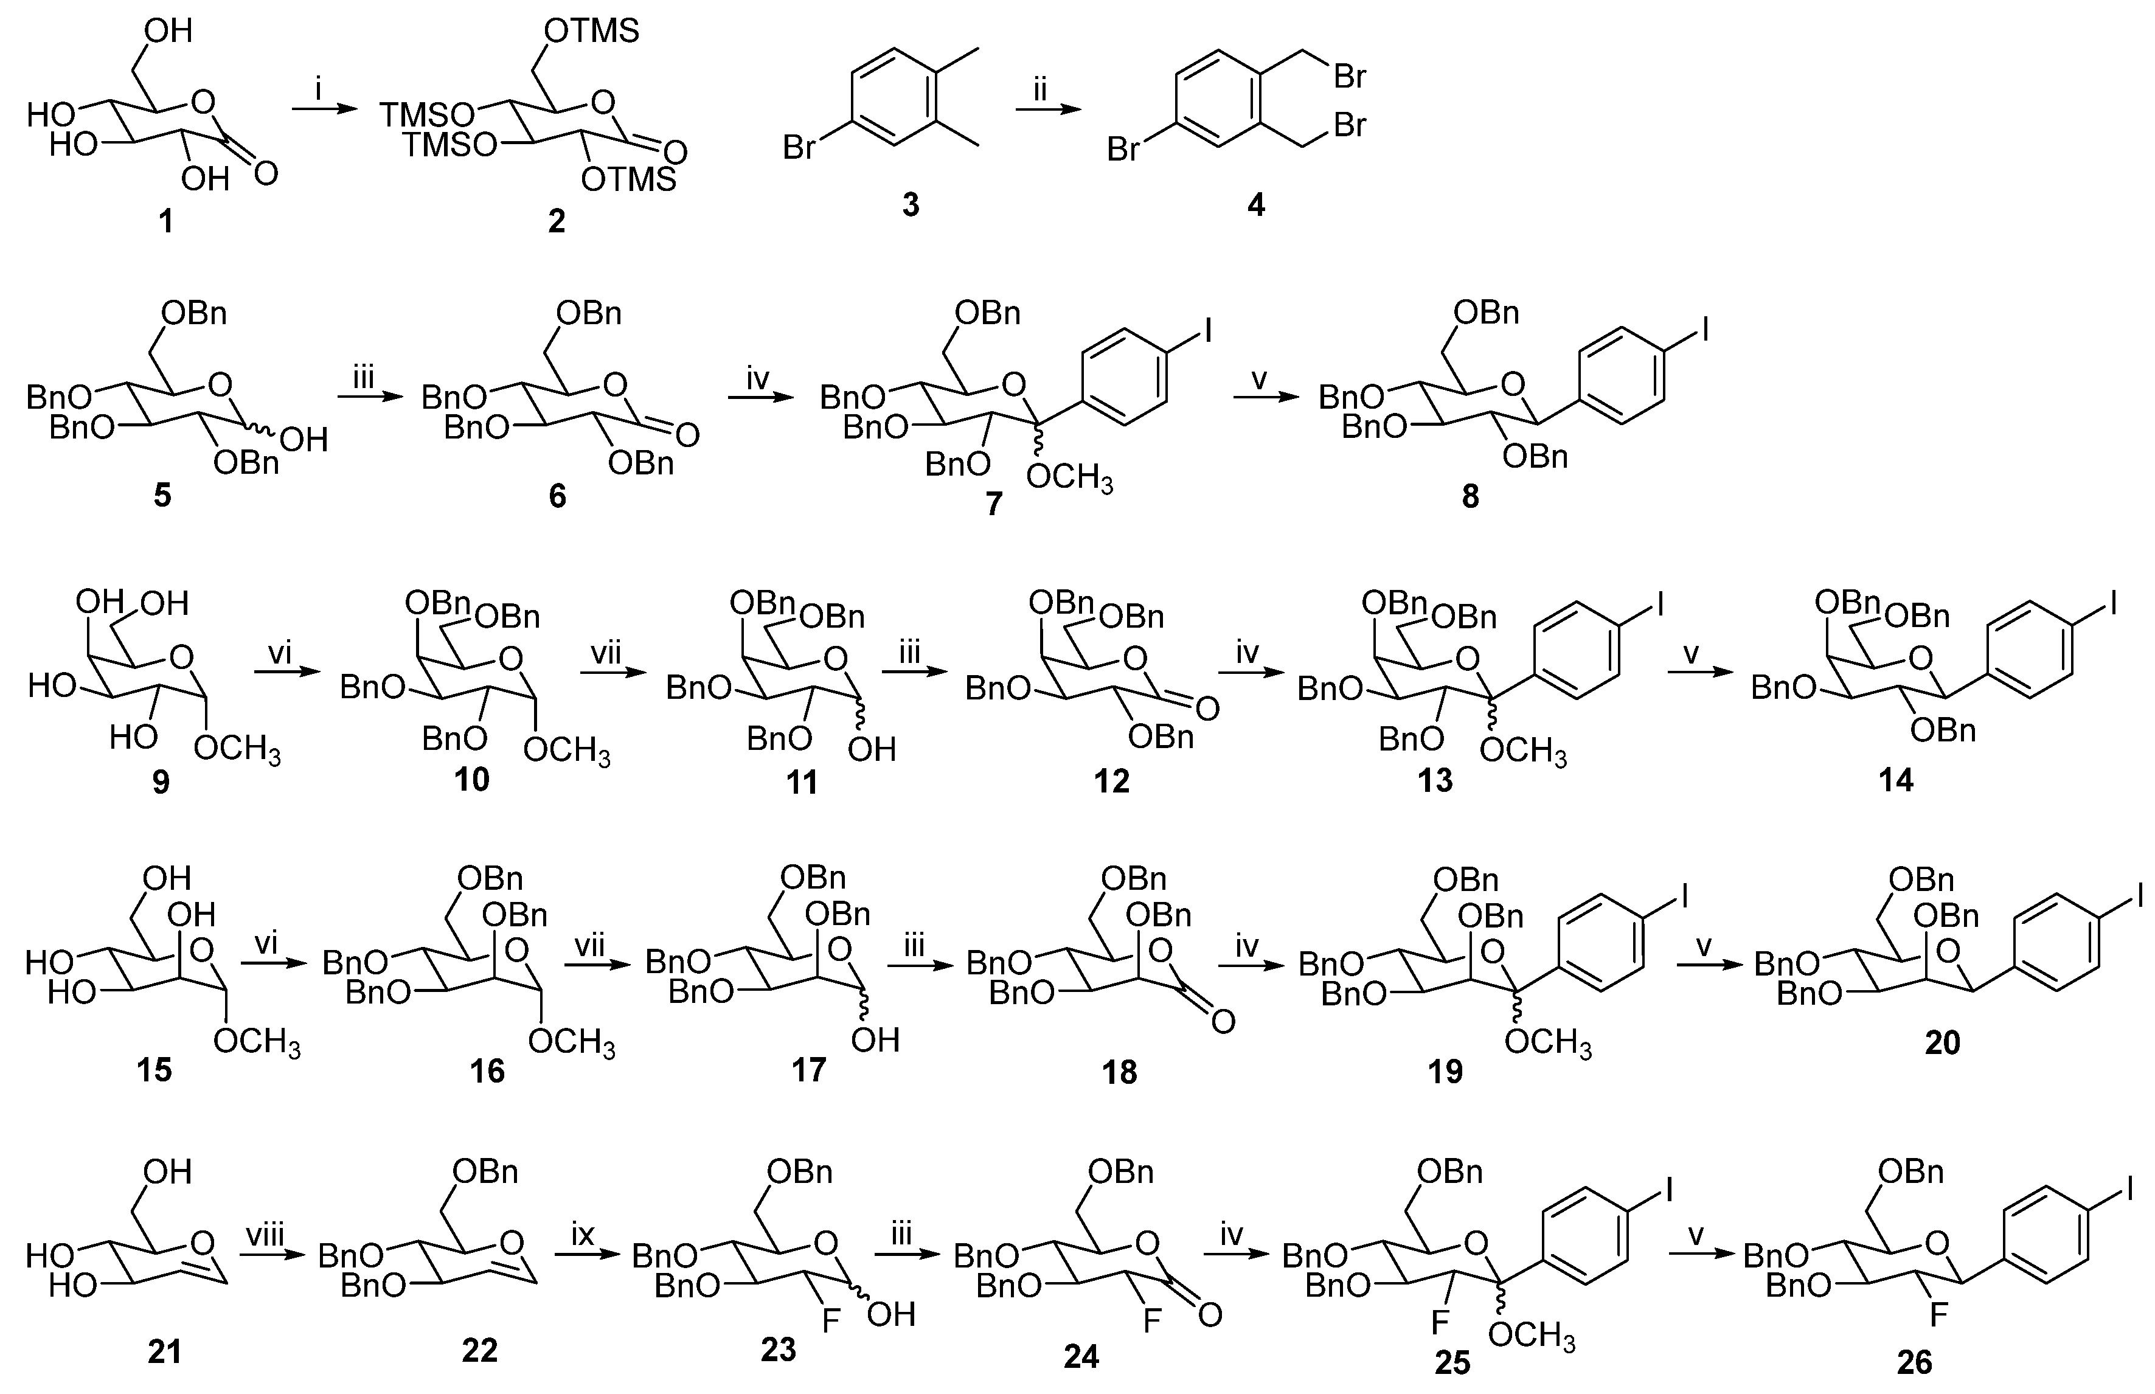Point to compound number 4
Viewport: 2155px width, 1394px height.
coord(1255,204)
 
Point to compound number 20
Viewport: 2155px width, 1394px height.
coord(1942,1043)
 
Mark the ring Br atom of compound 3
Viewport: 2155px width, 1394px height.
coord(799,146)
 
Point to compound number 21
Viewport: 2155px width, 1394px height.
coord(164,1351)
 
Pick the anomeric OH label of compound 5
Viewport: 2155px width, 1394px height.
coord(304,441)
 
